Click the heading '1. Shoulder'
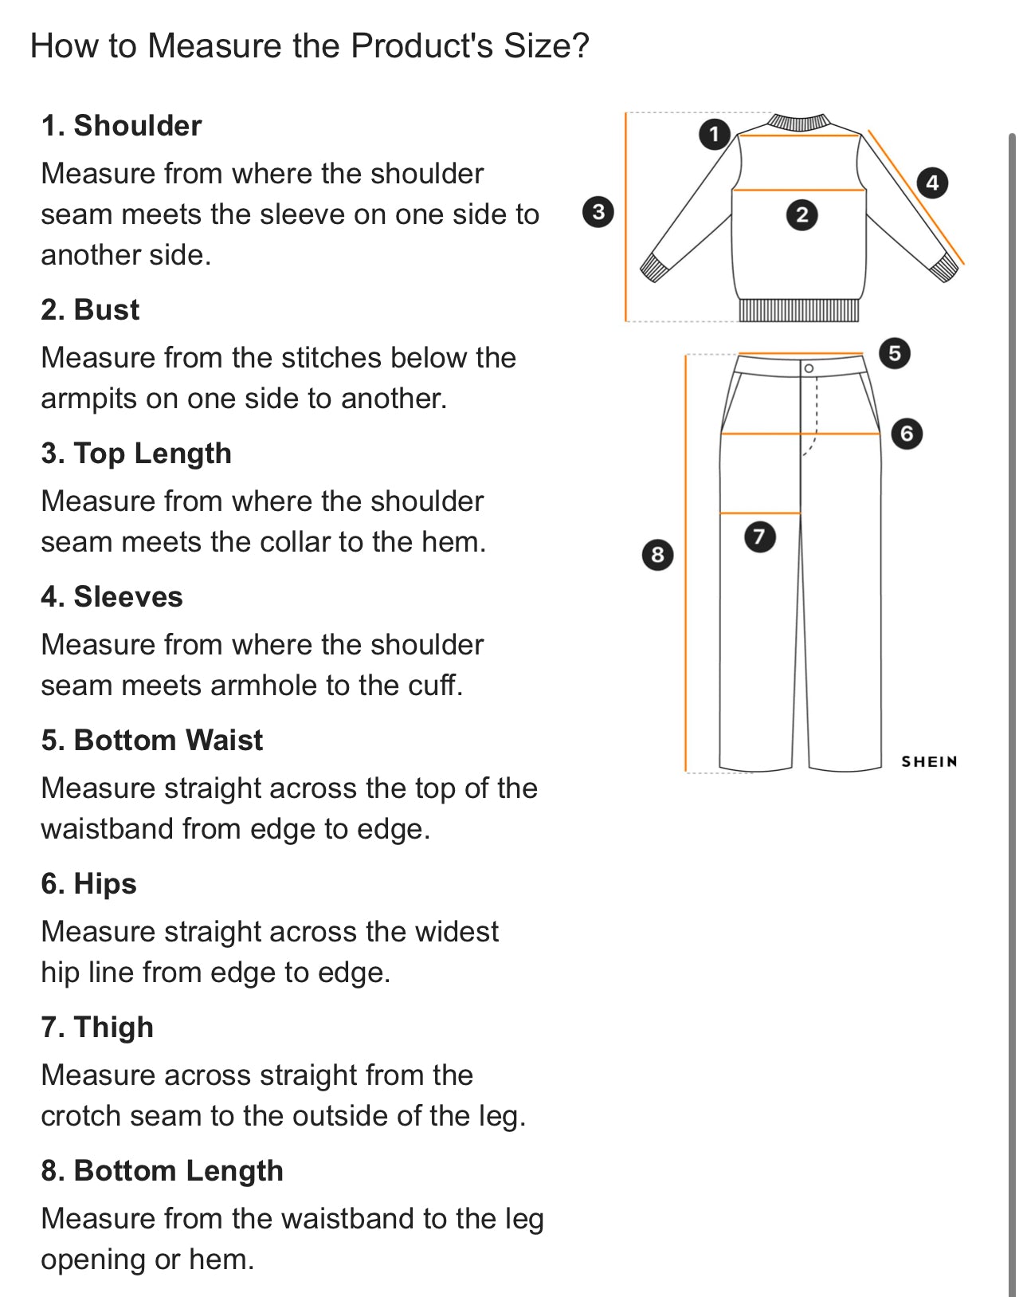click(121, 126)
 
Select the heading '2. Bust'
click(90, 310)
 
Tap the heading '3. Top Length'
click(136, 454)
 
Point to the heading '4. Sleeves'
click(112, 597)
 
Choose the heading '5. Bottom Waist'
click(151, 741)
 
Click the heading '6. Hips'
click(88, 884)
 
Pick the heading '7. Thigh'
click(97, 1028)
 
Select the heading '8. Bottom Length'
click(162, 1171)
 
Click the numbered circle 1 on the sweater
click(714, 134)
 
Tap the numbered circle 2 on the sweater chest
click(802, 214)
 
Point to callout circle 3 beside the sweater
click(598, 212)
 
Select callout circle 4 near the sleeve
click(932, 183)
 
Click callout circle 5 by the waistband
click(894, 353)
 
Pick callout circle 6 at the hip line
click(906, 434)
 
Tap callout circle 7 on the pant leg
click(759, 536)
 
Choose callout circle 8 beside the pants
click(657, 554)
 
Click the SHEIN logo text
click(929, 762)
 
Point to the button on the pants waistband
click(809, 368)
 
